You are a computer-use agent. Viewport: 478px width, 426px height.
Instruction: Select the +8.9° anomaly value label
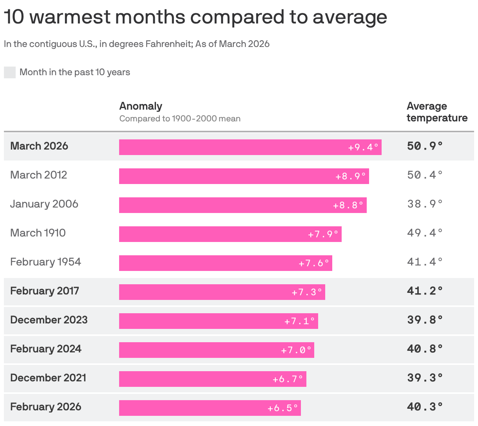tap(351, 176)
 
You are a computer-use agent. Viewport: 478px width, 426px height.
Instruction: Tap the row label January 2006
tap(44, 204)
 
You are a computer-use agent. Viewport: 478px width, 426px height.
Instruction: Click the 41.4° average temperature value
tap(425, 262)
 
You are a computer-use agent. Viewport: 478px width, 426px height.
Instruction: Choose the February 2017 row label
tap(45, 291)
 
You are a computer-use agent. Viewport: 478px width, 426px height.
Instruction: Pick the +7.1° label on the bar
tap(300, 321)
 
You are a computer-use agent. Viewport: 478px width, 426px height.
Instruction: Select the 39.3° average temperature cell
tap(425, 378)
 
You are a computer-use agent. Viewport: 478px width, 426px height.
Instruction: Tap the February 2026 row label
tap(46, 407)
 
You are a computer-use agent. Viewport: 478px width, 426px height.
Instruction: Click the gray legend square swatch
tap(10, 72)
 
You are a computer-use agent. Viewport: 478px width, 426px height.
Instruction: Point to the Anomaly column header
tap(141, 106)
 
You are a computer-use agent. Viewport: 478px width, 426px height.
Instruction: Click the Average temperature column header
tap(437, 112)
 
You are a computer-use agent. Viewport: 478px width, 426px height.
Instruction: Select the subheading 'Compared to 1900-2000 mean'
tap(180, 119)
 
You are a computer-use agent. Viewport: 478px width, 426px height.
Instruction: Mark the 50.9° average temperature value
tap(425, 146)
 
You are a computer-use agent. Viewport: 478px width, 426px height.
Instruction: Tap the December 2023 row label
tap(49, 320)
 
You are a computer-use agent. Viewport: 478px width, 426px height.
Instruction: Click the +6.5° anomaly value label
tap(283, 408)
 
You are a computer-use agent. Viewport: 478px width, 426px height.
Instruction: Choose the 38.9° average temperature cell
tap(425, 204)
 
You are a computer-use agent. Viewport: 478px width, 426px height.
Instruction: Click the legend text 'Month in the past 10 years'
tap(75, 72)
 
